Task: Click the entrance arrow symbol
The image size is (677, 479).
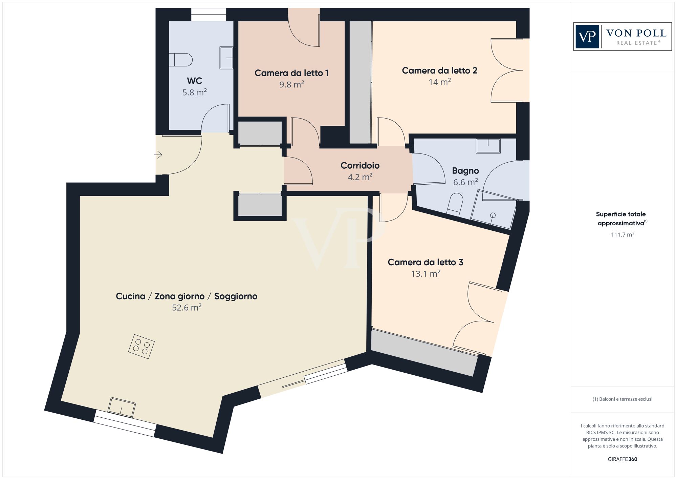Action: click(158, 155)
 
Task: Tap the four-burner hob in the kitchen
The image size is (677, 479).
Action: click(141, 347)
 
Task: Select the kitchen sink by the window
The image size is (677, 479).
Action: click(122, 407)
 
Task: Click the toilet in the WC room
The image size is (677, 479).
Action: click(181, 60)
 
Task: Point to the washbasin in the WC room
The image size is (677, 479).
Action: click(226, 58)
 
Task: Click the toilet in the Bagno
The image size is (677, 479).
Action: click(455, 204)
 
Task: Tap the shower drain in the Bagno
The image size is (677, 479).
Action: click(493, 215)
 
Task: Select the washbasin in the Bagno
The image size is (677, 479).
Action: click(488, 146)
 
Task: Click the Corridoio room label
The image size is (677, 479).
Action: click(360, 166)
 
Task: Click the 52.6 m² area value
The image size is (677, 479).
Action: click(187, 308)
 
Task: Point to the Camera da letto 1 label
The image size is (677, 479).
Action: click(291, 73)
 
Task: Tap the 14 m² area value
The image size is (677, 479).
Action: click(439, 82)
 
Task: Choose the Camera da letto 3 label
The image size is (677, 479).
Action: click(425, 262)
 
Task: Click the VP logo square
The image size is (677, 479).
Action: click(587, 37)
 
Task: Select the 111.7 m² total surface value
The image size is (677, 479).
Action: click(622, 234)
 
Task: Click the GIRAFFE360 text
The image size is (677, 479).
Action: click(622, 459)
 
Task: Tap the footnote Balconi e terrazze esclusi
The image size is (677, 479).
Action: click(622, 399)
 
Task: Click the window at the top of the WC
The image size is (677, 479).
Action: click(209, 15)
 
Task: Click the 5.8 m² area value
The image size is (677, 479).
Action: click(194, 92)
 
